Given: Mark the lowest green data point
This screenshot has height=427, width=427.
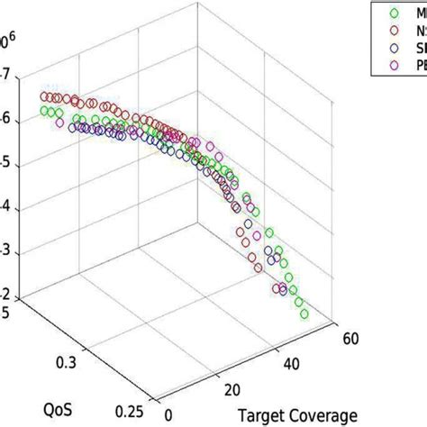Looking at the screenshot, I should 304,314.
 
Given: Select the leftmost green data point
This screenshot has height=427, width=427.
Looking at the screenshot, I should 45,111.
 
